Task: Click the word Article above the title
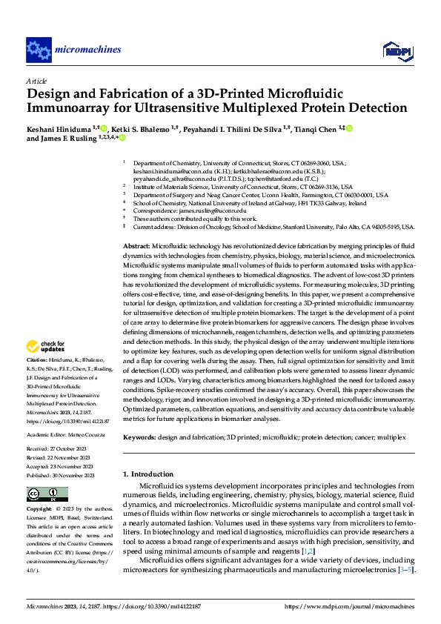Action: point(36,80)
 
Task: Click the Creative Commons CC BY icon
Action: point(47,494)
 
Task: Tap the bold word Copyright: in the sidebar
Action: point(40,510)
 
